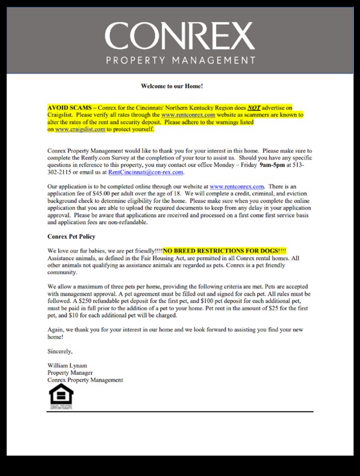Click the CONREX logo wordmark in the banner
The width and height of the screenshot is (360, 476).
click(179, 36)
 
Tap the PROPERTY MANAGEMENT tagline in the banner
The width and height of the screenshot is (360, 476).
click(180, 60)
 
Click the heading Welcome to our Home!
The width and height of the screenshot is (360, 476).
click(172, 86)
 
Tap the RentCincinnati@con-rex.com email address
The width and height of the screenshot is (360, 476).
click(145, 172)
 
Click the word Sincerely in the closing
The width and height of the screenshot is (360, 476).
click(60, 351)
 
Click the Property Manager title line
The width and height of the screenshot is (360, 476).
click(69, 373)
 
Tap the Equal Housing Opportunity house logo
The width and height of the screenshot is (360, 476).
click(60, 396)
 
